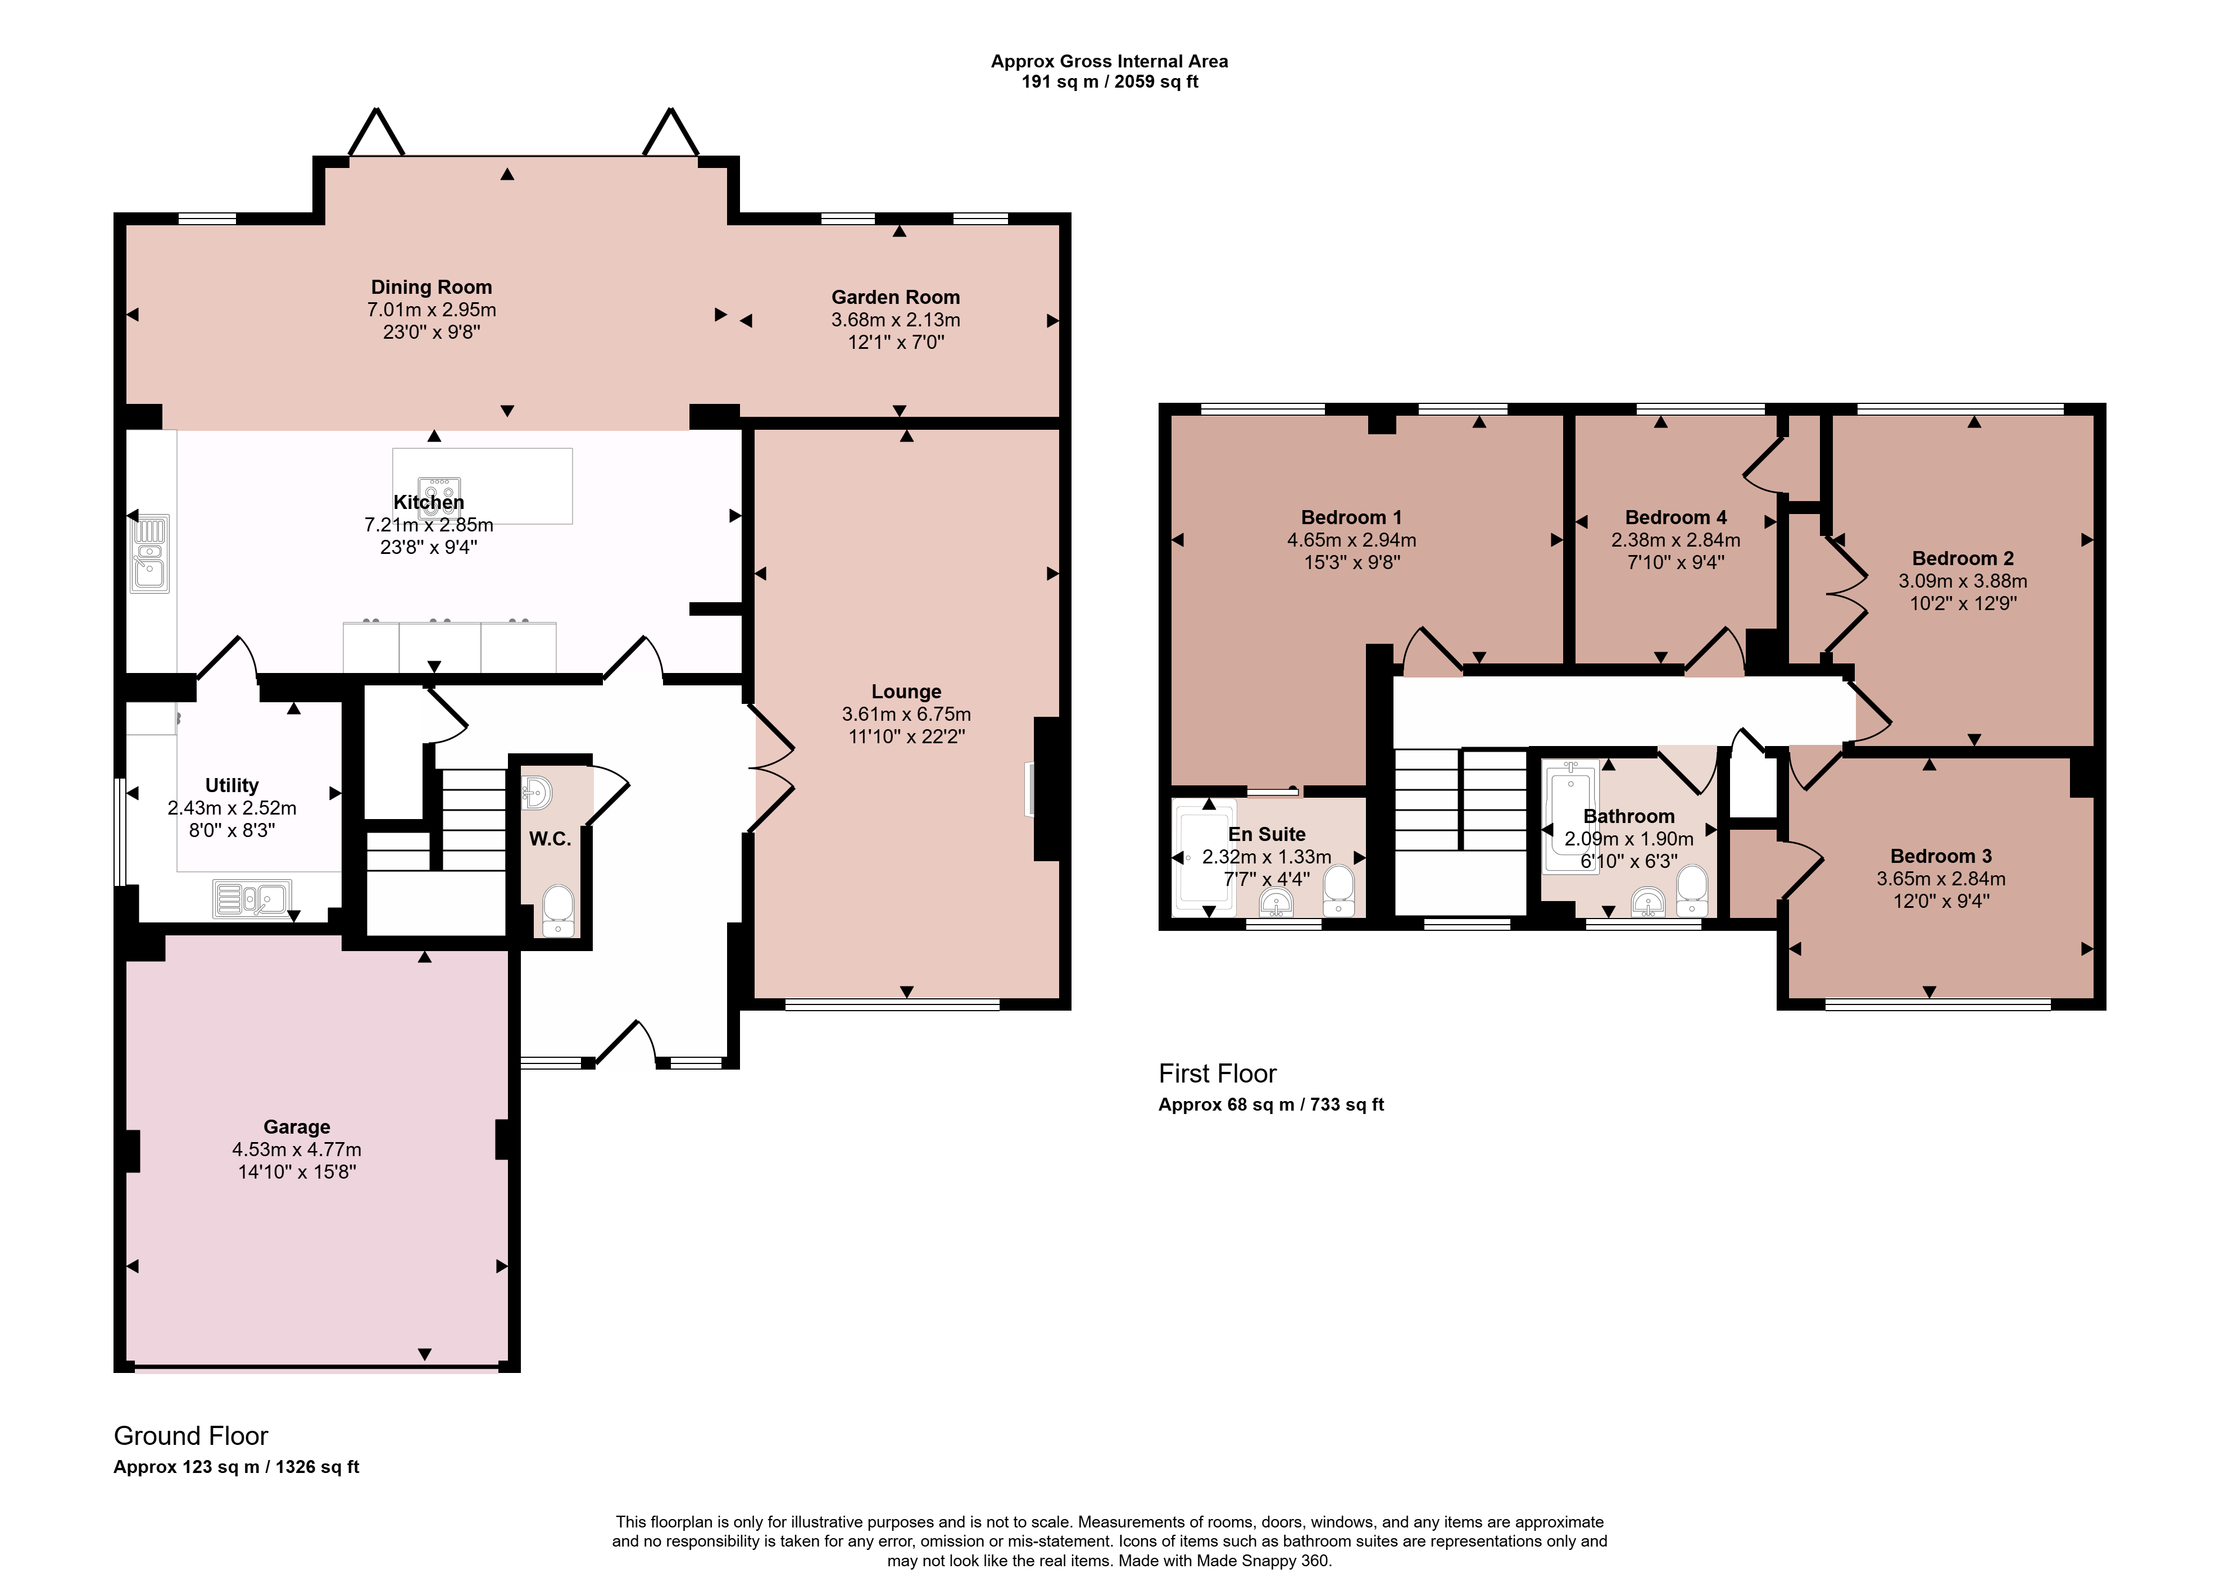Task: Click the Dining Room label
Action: (x=431, y=287)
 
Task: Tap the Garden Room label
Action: (x=896, y=297)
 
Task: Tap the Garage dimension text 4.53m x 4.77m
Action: (x=297, y=1149)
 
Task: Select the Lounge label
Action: (x=906, y=691)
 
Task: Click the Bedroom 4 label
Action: (x=1676, y=517)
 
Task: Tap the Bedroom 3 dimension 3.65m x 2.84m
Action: (x=1941, y=877)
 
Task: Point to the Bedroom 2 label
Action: (x=1963, y=558)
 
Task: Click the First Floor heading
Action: (x=1218, y=1074)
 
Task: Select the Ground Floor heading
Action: (x=191, y=1435)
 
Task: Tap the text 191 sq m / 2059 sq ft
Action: (x=1110, y=81)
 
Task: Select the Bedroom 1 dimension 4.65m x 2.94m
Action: (x=1351, y=539)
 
